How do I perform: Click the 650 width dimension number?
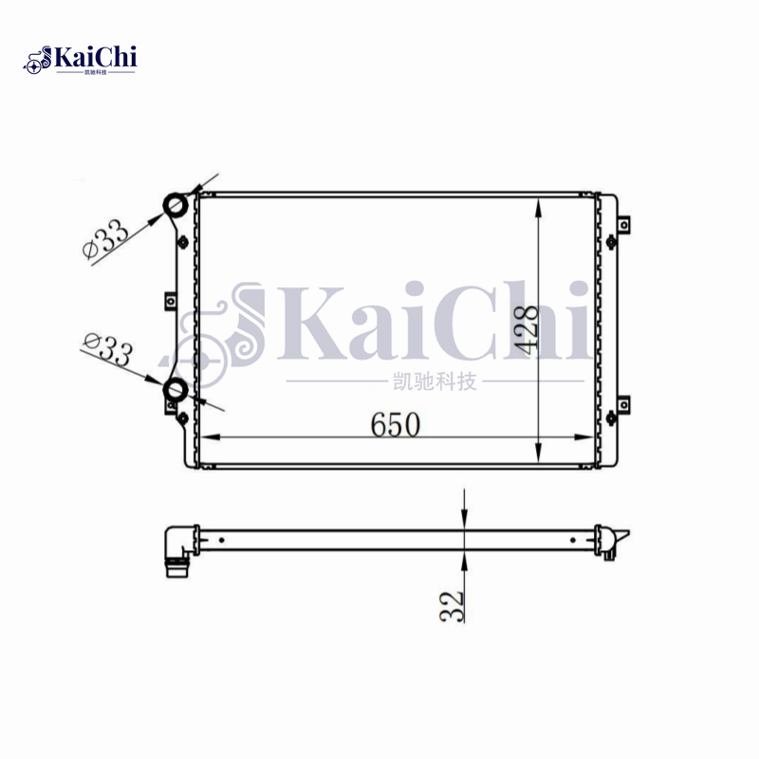(x=396, y=425)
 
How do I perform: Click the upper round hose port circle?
(x=176, y=205)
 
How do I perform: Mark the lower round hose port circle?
(x=176, y=388)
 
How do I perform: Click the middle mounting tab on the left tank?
(x=170, y=302)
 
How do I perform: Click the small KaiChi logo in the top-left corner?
(x=81, y=61)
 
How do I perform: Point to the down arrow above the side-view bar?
(x=464, y=518)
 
